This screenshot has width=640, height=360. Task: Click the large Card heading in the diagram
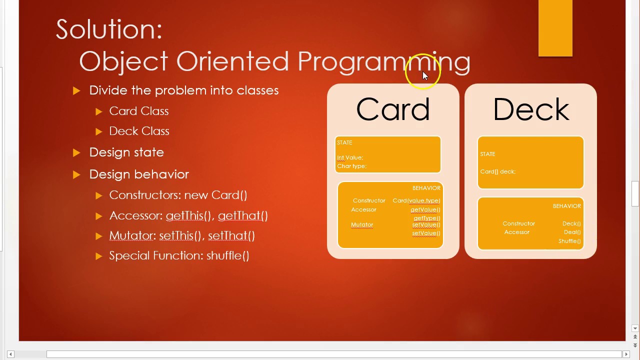pos(393,109)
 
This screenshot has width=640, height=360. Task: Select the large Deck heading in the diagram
pos(530,109)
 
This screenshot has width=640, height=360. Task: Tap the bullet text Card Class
pos(139,111)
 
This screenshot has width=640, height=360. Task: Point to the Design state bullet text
pos(126,152)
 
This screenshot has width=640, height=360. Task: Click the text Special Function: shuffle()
pos(179,255)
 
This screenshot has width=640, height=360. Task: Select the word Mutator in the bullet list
pos(131,235)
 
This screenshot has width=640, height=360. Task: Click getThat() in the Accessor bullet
pos(242,215)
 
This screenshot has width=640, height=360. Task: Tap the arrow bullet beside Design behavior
pos(76,174)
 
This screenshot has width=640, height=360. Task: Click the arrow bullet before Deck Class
pos(98,131)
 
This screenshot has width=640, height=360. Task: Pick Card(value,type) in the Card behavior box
pos(416,200)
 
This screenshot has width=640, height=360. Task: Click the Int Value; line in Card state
pos(350,157)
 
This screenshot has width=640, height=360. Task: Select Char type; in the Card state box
pos(351,166)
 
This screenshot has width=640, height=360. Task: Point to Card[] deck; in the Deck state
pos(497,171)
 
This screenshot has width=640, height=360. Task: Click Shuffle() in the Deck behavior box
pos(569,241)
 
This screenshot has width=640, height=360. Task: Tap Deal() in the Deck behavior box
pos(572,232)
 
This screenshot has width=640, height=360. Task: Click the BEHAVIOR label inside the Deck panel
pos(566,206)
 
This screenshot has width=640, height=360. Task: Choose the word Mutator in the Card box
pos(362,225)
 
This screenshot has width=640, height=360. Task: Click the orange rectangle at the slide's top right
pos(555,28)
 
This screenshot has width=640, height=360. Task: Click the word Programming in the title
pos(383,61)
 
